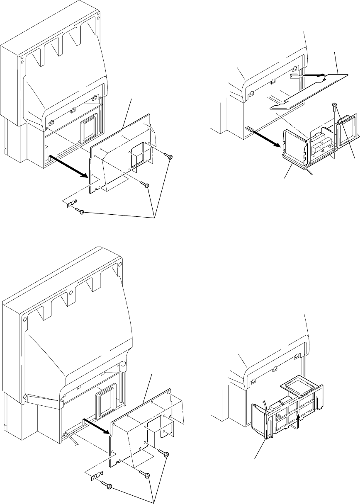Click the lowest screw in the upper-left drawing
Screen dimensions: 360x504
pos(82,212)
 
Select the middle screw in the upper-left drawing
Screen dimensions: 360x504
pos(146,186)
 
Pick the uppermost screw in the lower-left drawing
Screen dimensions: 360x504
pos(166,455)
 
